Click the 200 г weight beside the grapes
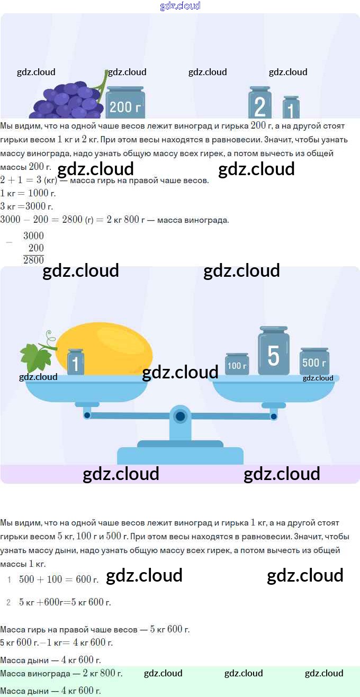coord(125,102)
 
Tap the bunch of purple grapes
coord(67,99)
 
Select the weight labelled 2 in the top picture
coord(260,102)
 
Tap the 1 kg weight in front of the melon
coord(76,362)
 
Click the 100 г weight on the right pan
coord(237,364)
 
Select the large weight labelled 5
coord(274,351)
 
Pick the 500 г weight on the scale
coord(314,361)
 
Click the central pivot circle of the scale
coord(180,417)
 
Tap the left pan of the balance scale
coord(86,389)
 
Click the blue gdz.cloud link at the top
coord(180,6)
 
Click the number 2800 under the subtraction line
coord(33,260)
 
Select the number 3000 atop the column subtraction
coord(33,236)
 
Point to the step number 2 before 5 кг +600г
coord(8,602)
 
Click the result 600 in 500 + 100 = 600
coord(84,579)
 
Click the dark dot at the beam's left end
coord(87,415)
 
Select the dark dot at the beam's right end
coord(274,417)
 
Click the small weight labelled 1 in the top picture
coord(291,107)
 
